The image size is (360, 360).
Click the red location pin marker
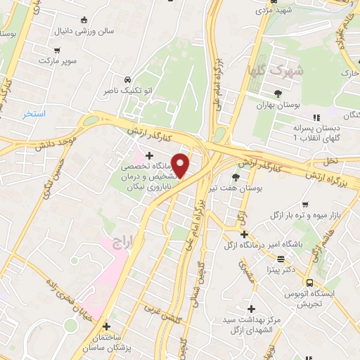click(x=181, y=165)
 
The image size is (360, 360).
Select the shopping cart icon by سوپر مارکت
click(x=56, y=50)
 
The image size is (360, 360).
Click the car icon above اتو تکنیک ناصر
click(x=127, y=79)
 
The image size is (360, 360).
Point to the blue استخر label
click(x=34, y=113)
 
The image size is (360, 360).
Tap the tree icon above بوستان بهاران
click(x=278, y=93)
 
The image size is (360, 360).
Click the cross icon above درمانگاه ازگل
click(x=243, y=234)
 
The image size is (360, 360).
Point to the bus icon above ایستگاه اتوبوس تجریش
click(x=310, y=283)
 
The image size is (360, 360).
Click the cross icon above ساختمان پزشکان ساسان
click(x=106, y=327)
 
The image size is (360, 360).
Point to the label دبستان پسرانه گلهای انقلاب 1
click(x=316, y=134)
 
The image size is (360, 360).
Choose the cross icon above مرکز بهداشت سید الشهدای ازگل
click(x=251, y=309)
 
